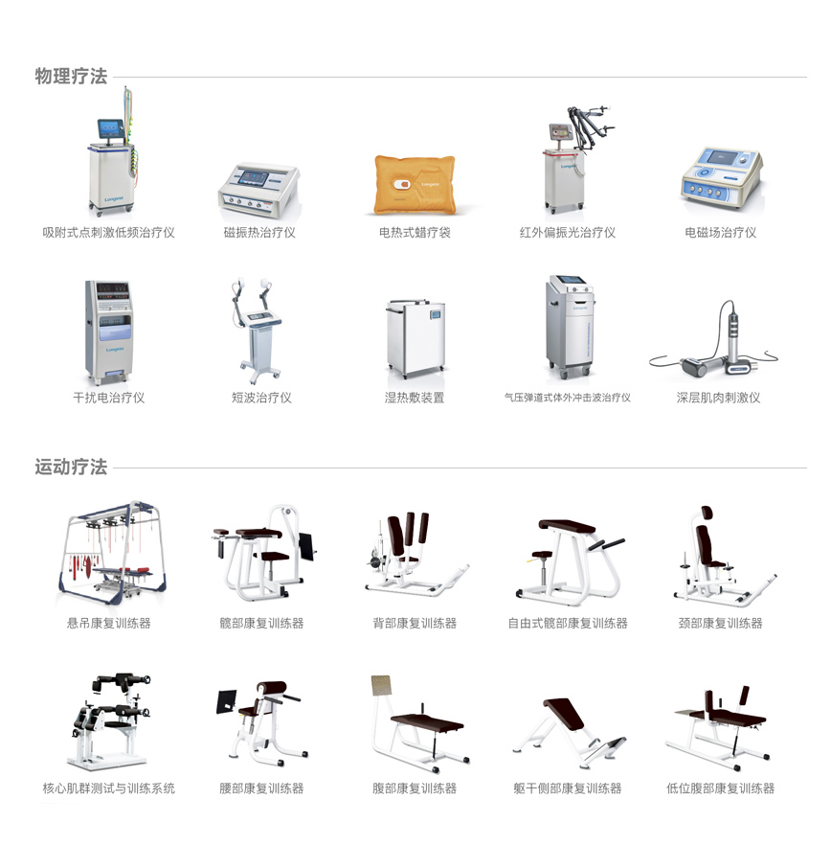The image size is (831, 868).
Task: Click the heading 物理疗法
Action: click(71, 76)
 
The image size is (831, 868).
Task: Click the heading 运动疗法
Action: click(71, 467)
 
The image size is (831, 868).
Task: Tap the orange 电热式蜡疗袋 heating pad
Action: click(415, 184)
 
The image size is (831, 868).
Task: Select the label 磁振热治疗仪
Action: click(259, 233)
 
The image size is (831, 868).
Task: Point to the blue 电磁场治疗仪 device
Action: click(722, 177)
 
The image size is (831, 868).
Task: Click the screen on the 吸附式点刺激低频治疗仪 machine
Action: click(110, 127)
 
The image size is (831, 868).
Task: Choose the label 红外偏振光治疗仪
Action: click(567, 233)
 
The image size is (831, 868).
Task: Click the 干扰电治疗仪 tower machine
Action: click(108, 331)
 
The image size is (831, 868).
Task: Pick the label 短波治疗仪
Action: click(261, 398)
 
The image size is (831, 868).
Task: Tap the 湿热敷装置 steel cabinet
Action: click(415, 337)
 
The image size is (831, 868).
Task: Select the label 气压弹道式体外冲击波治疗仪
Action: click(567, 398)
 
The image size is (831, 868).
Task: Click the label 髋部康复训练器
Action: click(261, 624)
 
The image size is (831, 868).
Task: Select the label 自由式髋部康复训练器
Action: click(568, 624)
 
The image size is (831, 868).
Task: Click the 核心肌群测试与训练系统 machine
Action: click(109, 720)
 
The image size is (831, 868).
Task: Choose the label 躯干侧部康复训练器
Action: click(567, 788)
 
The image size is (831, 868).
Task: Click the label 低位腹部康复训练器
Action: click(720, 788)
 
